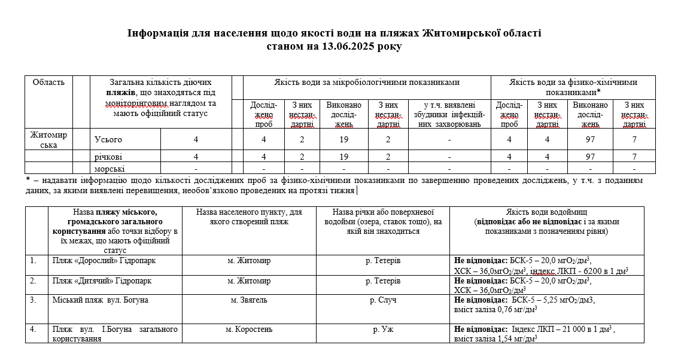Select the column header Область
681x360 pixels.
(x=48, y=83)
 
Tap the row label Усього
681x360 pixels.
(x=108, y=139)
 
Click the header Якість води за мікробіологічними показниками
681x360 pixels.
(x=367, y=83)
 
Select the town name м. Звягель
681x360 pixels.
(x=249, y=300)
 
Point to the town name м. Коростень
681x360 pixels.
(x=249, y=329)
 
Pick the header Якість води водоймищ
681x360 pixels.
(x=546, y=212)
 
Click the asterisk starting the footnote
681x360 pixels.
(x=28, y=180)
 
